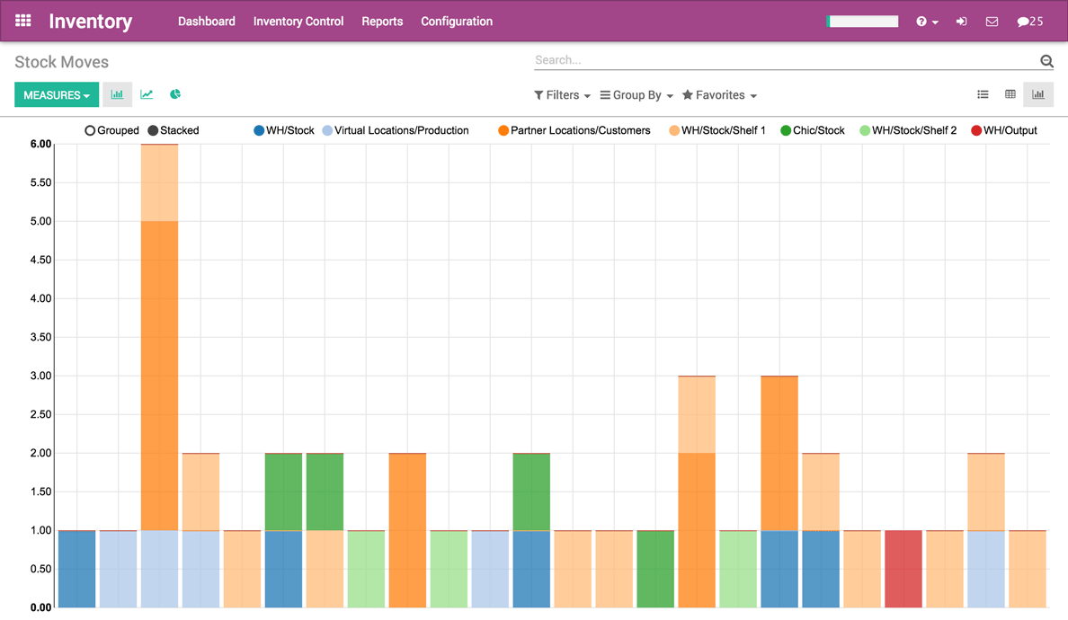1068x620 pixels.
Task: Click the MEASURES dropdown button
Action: coord(56,95)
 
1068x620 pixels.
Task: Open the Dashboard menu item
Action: coord(206,22)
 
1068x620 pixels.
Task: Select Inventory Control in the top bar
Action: coord(298,22)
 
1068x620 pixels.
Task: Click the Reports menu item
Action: coord(382,22)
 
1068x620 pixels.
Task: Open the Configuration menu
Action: coord(457,22)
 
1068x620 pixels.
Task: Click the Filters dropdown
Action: coord(562,95)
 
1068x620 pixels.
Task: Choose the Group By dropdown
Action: coord(636,95)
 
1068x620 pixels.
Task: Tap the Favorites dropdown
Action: coord(719,95)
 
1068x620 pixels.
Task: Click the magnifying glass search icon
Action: coord(1046,61)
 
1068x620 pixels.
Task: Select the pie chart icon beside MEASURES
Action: coord(175,94)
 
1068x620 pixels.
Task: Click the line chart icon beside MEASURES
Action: coord(147,94)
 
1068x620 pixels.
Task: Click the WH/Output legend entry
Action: coord(1004,130)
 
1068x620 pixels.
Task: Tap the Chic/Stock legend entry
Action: coord(813,130)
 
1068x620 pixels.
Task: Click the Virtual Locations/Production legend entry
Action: coord(396,130)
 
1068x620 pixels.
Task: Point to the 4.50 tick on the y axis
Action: coord(40,260)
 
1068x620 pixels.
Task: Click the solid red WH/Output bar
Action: coord(903,569)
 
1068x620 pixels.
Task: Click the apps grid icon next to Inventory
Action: coord(23,21)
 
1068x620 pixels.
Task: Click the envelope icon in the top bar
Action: coord(992,22)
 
